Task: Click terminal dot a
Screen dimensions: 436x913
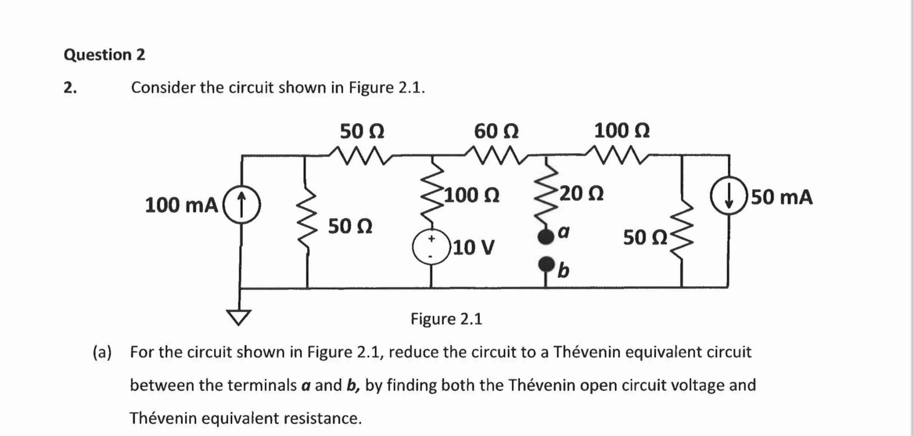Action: click(x=546, y=236)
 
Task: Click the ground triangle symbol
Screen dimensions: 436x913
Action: click(x=239, y=316)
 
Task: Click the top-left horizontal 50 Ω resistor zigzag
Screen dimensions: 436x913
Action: click(x=360, y=155)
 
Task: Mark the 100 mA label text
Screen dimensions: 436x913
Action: click(x=181, y=205)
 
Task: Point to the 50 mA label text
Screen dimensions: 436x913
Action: click(x=781, y=197)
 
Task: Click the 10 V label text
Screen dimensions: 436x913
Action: click(x=474, y=247)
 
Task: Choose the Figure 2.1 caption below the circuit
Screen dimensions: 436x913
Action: click(x=446, y=319)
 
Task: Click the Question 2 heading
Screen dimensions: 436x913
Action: click(x=104, y=55)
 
